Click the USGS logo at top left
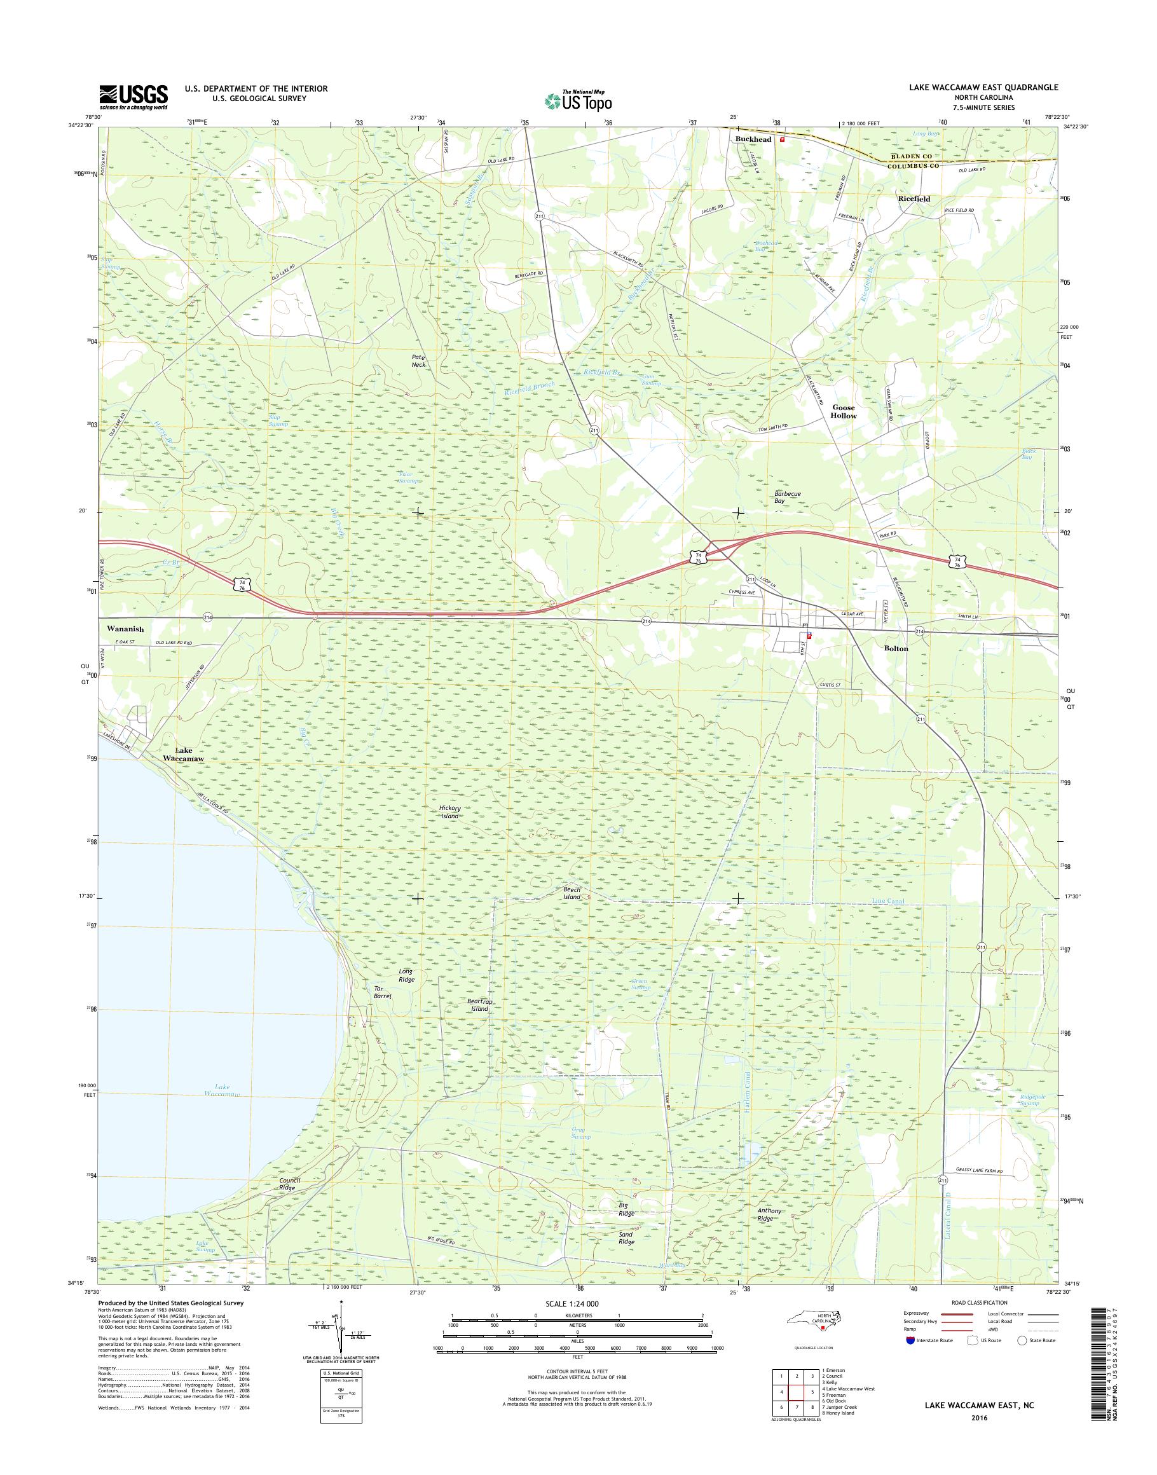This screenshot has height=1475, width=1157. pos(133,97)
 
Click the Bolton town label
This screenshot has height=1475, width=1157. pos(896,648)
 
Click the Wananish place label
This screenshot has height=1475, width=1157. pos(125,629)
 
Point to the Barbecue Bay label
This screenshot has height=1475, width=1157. pos(787,497)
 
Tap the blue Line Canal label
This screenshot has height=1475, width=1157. pos(887,902)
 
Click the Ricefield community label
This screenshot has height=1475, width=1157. pos(914,199)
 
